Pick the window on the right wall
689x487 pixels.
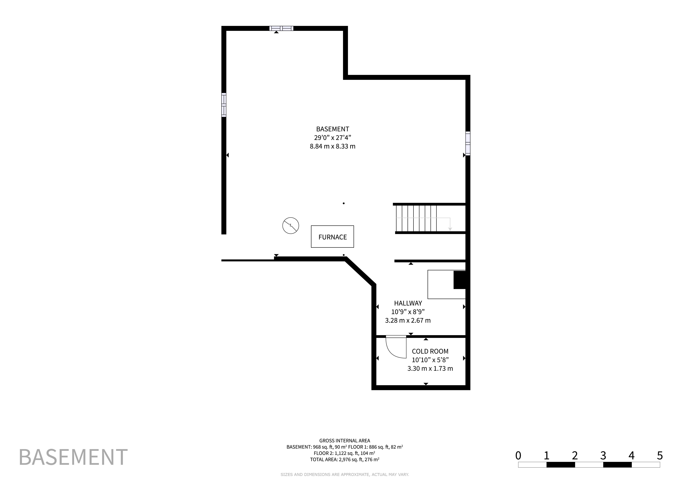(x=468, y=143)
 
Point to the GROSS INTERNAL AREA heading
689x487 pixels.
(x=345, y=441)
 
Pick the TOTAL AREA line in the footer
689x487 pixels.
(x=345, y=459)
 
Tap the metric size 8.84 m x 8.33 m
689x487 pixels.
(x=333, y=146)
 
